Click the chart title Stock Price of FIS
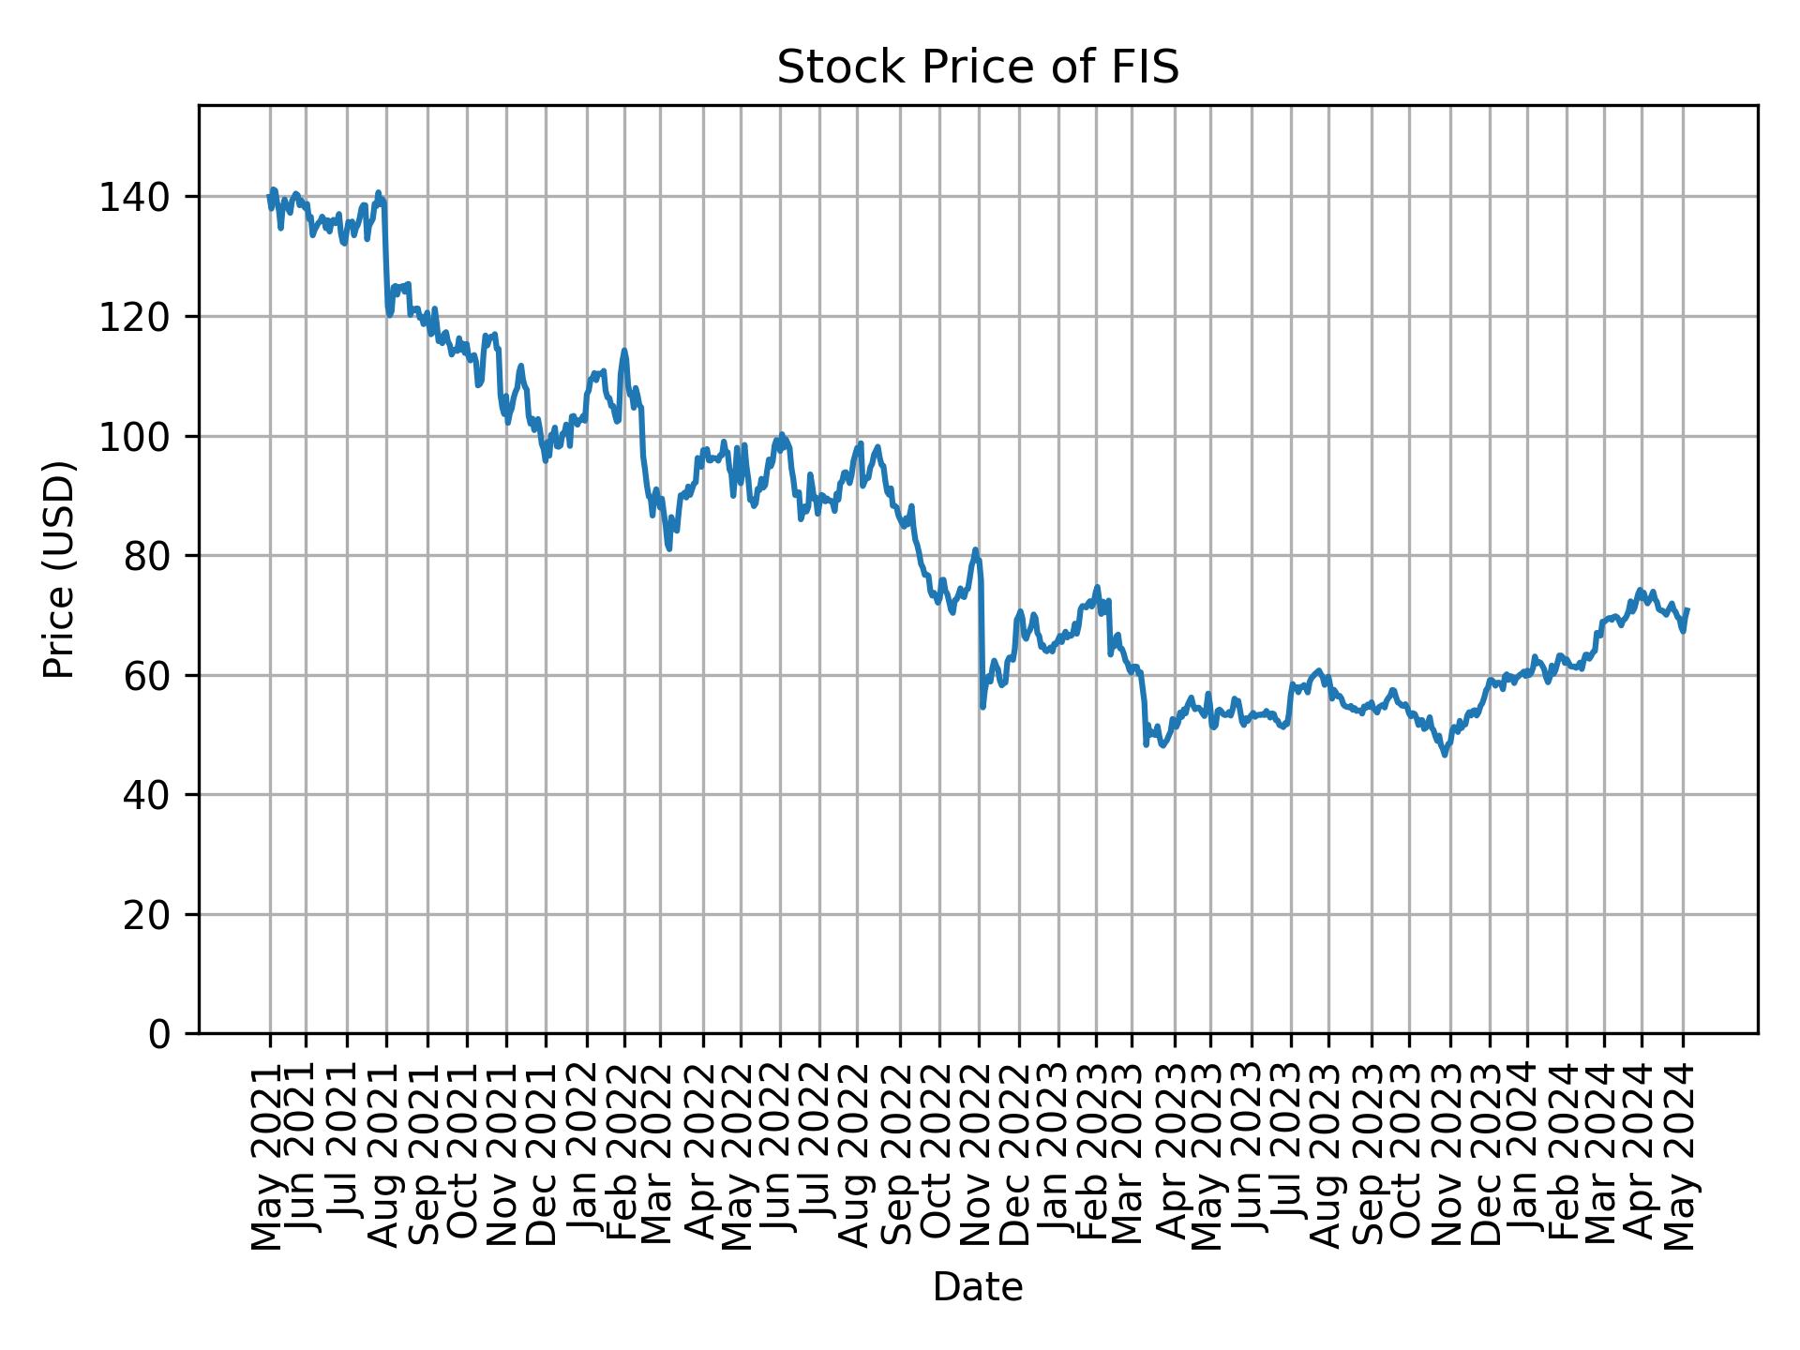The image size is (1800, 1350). [x=978, y=68]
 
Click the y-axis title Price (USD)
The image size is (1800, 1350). [x=59, y=569]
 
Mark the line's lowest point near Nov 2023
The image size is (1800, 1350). [x=1445, y=755]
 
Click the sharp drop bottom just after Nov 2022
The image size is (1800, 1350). [x=982, y=706]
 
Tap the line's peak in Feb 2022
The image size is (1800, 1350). [x=624, y=351]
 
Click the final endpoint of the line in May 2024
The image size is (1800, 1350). [x=1687, y=609]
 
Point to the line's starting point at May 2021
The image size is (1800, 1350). [x=269, y=196]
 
